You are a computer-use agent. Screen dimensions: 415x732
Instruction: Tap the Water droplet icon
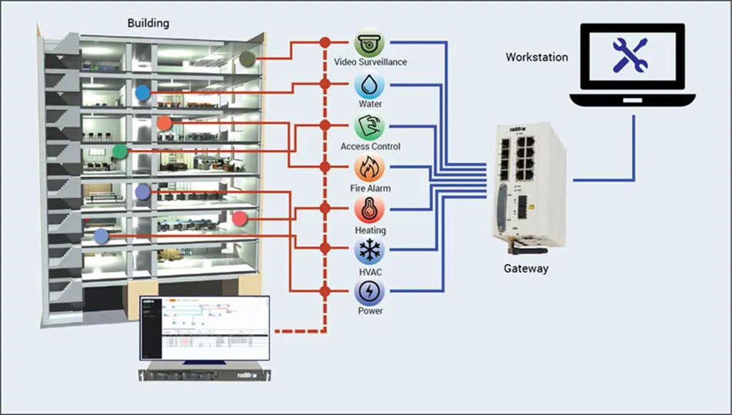[x=370, y=84]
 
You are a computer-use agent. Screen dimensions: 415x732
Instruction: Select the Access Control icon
[x=370, y=126]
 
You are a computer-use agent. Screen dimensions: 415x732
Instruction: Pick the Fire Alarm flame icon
[x=370, y=168]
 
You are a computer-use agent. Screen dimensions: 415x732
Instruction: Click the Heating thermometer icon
[x=370, y=209]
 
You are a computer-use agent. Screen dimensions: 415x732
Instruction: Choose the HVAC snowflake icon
[x=370, y=251]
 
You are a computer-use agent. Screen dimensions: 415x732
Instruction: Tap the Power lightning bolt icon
[x=370, y=292]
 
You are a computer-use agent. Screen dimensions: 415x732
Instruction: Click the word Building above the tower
[x=148, y=24]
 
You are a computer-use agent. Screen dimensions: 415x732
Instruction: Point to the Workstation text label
[x=537, y=57]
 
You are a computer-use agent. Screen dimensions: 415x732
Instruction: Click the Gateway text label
[x=526, y=269]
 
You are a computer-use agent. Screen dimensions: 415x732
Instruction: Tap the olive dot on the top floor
[x=247, y=59]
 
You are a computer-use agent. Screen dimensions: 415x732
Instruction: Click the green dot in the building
[x=120, y=151]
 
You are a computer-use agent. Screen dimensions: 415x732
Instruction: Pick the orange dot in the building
[x=164, y=123]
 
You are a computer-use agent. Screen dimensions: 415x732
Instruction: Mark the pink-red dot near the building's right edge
[x=240, y=218]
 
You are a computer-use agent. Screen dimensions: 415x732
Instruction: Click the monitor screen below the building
[x=204, y=328]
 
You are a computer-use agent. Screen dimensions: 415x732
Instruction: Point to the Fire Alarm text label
[x=370, y=189]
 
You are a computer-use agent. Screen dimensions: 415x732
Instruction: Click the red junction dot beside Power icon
[x=325, y=292]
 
